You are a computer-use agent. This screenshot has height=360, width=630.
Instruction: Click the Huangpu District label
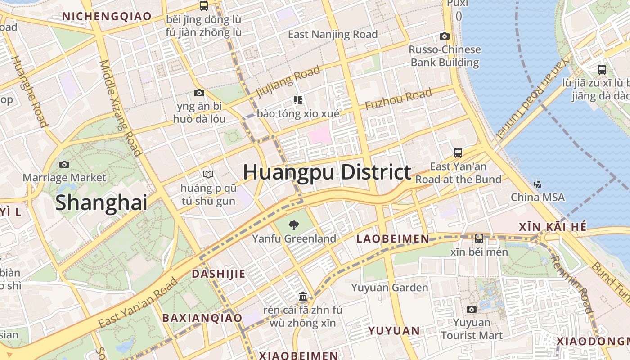point(327,172)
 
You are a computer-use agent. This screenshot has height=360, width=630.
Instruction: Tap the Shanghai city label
point(101,202)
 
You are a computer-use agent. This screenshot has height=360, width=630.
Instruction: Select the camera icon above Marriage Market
point(64,165)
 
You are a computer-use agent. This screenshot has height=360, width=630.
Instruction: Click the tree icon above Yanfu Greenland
point(294,225)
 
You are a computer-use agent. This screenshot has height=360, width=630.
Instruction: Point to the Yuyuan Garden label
point(390,288)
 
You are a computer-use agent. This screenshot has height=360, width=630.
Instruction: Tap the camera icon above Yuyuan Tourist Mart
point(472,309)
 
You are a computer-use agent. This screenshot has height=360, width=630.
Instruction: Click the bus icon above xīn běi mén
point(479,238)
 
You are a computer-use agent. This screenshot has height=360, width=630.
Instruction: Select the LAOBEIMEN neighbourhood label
point(393,239)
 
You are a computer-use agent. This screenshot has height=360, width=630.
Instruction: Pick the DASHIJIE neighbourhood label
point(219,274)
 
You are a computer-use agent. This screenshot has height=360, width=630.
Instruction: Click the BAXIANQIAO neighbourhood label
point(202,318)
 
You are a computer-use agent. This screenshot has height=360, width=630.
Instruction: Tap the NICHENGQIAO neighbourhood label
point(107,16)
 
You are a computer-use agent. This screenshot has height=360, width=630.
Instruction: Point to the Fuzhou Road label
point(398,99)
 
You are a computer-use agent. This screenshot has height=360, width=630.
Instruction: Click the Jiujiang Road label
point(288,81)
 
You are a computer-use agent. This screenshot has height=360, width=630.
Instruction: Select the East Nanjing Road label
point(333,34)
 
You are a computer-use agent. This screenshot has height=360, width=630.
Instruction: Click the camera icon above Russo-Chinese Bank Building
point(445,36)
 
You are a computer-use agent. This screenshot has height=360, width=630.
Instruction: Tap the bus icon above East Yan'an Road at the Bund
point(458,153)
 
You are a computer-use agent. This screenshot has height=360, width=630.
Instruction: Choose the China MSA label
point(537,197)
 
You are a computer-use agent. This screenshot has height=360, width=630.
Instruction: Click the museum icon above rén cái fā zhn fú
point(303,297)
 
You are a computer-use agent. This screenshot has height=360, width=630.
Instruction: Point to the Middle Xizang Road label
point(121,108)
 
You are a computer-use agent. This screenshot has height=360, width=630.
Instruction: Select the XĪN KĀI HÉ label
point(553,227)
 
